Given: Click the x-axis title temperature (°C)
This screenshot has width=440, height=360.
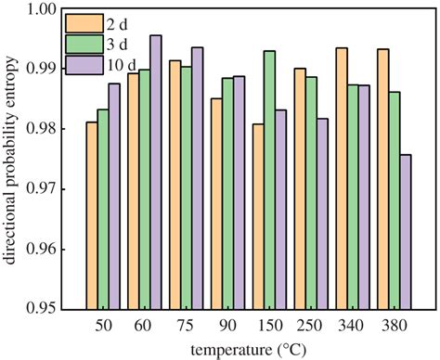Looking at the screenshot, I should (x=248, y=350).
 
